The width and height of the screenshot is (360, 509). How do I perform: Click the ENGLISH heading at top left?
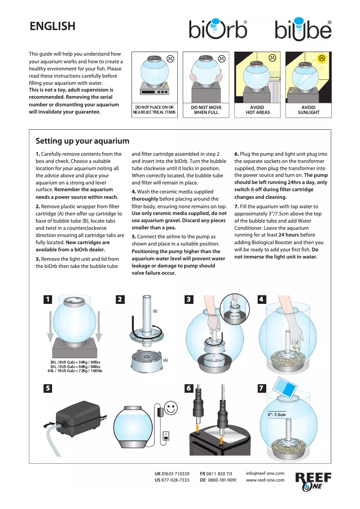(x=52, y=26)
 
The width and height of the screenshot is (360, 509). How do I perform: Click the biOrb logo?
(x=218, y=29)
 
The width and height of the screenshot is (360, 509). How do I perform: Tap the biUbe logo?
(x=303, y=30)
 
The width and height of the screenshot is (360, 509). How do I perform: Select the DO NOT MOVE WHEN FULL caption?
(x=206, y=110)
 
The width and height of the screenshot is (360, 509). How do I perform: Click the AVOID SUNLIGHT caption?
(x=308, y=110)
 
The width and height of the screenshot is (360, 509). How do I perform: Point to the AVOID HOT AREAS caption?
(x=258, y=110)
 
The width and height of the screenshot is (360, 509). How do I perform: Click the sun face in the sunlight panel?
(x=321, y=58)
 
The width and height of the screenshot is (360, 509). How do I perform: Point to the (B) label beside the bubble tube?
(x=155, y=311)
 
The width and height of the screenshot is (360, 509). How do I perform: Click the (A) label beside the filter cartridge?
(x=165, y=360)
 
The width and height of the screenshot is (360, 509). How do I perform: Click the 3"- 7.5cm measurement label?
(x=277, y=415)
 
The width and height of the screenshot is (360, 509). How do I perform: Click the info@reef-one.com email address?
(x=265, y=474)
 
